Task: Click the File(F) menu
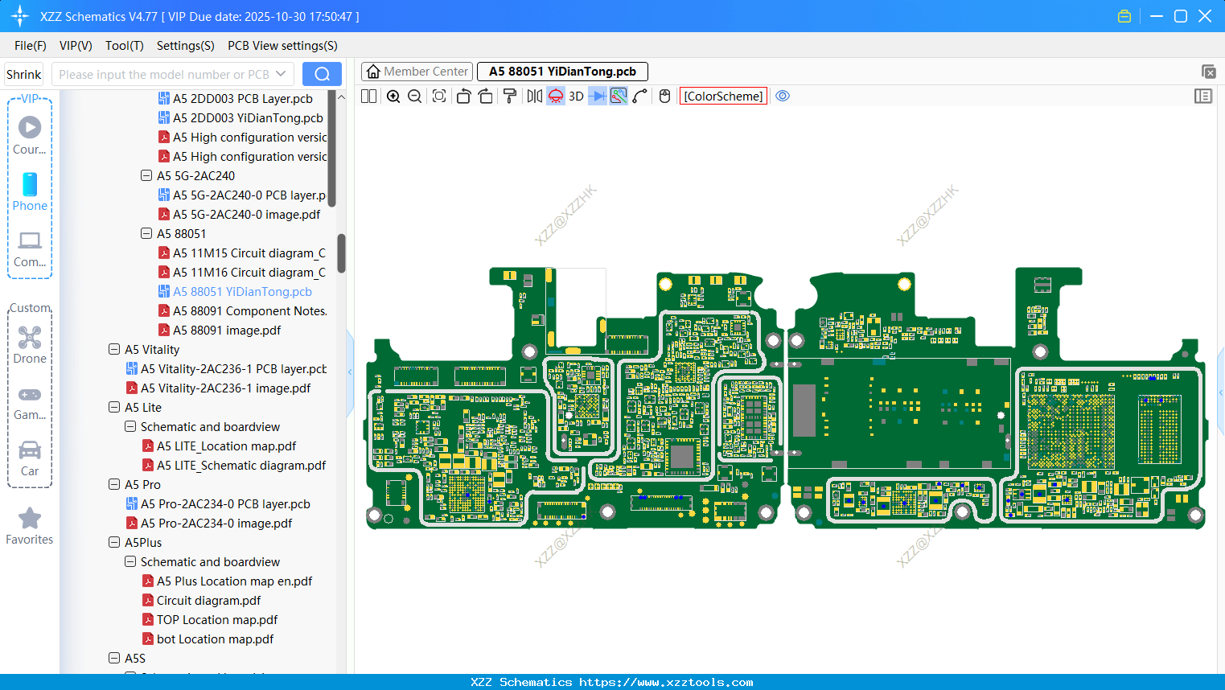[x=31, y=46]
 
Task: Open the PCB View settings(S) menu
[x=282, y=46]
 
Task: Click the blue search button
[x=322, y=74]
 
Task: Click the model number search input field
[x=164, y=74]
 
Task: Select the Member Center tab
[x=417, y=72]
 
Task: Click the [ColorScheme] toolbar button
[x=723, y=97]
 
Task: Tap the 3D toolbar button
[x=576, y=97]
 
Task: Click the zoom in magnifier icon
[x=393, y=97]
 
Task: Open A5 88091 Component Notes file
[x=249, y=311]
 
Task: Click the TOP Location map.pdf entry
[x=217, y=620]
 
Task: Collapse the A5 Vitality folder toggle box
[x=114, y=350]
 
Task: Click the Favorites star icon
[x=30, y=519]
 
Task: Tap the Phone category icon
[x=30, y=185]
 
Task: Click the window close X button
[x=1205, y=16]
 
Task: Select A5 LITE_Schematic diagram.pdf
[x=240, y=466]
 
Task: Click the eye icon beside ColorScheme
[x=783, y=97]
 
